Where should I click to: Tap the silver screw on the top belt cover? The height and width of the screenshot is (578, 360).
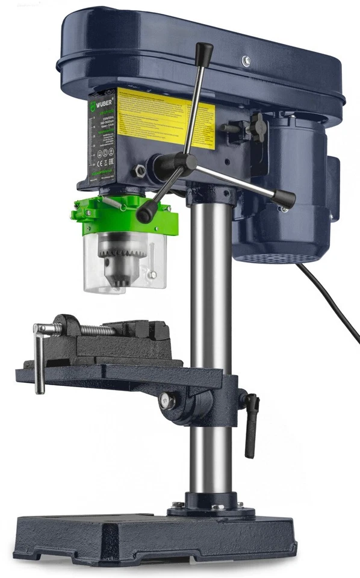tap(246, 60)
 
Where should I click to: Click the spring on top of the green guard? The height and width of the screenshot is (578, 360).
tap(114, 202)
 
